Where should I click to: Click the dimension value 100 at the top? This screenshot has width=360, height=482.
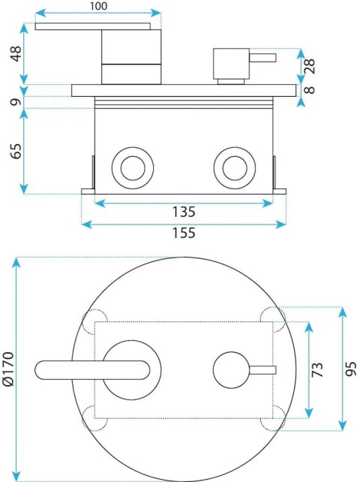point(98,6)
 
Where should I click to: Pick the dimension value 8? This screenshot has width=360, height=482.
point(309,90)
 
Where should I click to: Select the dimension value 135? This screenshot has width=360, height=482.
point(183,212)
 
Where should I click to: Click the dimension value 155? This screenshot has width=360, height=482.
point(183,233)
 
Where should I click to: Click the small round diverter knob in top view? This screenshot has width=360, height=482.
point(231,370)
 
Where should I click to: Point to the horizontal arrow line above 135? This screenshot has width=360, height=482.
point(183,201)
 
